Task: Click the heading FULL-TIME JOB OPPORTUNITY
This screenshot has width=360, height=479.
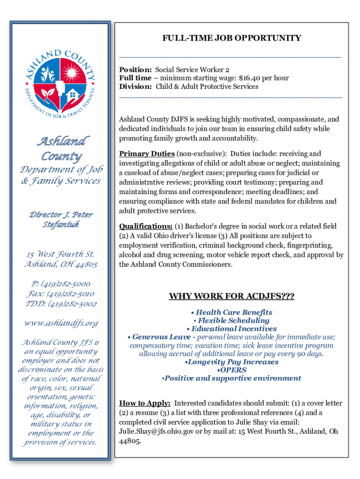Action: pos(231,38)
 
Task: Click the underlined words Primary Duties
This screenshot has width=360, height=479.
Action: pos(147,153)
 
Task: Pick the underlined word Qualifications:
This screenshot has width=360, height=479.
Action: pos(145,226)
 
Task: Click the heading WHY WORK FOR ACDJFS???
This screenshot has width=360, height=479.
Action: pos(231,297)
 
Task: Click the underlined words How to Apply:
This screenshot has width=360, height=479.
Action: pos(144,403)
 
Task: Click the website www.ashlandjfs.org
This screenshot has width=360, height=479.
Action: pos(61,323)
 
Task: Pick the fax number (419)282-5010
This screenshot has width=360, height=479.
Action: pos(67,294)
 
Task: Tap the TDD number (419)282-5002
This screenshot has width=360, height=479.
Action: pos(69,304)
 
